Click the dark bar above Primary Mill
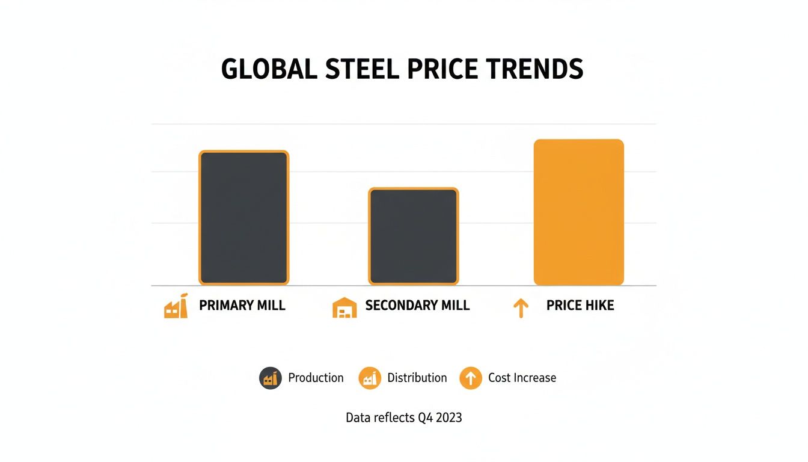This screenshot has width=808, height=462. [x=243, y=218]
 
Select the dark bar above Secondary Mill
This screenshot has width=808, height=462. [x=413, y=236]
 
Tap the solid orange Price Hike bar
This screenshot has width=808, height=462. [x=578, y=212]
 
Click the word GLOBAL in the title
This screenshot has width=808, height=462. [x=269, y=70]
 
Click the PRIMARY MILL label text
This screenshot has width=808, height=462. [x=242, y=306]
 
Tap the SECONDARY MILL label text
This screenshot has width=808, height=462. [x=417, y=306]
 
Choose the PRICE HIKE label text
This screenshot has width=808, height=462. [x=580, y=306]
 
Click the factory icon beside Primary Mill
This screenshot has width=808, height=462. [x=176, y=306]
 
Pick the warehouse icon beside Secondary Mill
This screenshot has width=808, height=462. [x=344, y=307]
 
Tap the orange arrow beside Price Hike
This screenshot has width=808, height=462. [x=521, y=309]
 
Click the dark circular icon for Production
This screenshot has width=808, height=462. [x=271, y=378]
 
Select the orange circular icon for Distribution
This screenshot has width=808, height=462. [x=370, y=378]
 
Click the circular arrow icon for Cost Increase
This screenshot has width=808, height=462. [x=471, y=378]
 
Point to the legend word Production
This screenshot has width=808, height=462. [x=316, y=378]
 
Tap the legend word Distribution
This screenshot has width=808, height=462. [x=417, y=378]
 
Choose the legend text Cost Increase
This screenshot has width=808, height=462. [x=522, y=378]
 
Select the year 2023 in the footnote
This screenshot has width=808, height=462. [x=447, y=417]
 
